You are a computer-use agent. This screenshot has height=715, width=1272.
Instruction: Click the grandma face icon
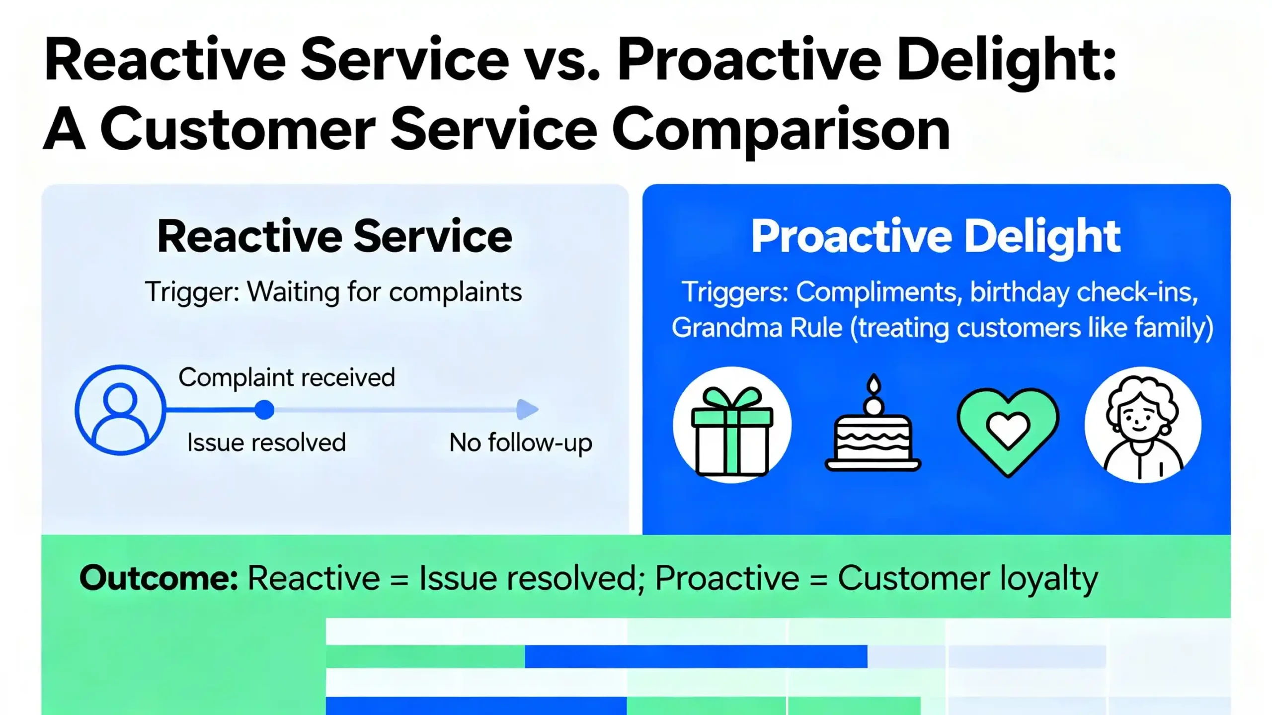[x=1143, y=426]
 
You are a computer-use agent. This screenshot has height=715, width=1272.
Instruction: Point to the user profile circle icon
[x=120, y=410]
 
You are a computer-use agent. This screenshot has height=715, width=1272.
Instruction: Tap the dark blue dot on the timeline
[x=264, y=410]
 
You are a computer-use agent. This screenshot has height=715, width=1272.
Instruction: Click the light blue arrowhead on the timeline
[x=527, y=409]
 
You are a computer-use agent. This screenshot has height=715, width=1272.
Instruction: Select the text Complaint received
[x=287, y=377]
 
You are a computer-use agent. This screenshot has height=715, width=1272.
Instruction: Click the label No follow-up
[x=520, y=443]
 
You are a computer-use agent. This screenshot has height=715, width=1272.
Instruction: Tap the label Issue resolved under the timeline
[x=266, y=443]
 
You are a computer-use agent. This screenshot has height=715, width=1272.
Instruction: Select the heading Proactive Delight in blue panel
[x=936, y=237]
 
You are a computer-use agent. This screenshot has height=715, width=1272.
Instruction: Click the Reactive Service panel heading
[x=334, y=237]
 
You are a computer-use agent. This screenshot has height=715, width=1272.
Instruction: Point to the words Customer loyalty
[x=968, y=578]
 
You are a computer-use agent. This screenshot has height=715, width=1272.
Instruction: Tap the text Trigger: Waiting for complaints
[x=333, y=292]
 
